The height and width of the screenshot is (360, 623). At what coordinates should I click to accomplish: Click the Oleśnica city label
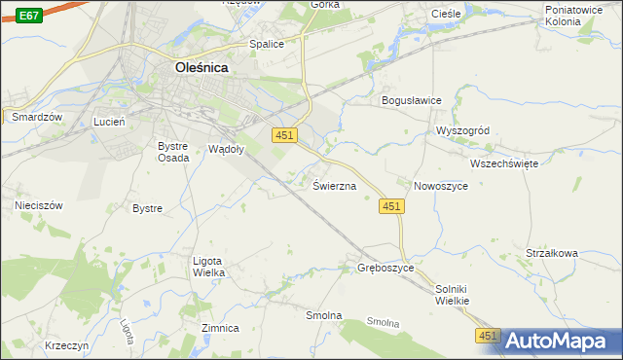click(x=208, y=68)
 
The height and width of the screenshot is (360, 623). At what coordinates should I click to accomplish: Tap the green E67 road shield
click(x=29, y=16)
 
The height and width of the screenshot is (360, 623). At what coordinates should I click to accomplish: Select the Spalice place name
click(x=267, y=44)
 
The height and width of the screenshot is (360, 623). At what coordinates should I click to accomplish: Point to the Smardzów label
click(x=37, y=117)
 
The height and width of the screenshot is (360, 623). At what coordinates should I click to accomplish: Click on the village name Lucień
click(x=110, y=122)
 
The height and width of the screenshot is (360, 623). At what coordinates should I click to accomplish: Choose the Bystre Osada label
click(x=174, y=152)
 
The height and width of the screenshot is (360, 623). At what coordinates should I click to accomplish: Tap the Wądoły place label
click(x=227, y=149)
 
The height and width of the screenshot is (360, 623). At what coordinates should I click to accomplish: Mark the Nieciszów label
click(x=39, y=205)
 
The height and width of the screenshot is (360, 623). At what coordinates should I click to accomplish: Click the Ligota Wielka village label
click(x=209, y=267)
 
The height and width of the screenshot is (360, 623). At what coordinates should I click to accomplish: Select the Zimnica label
click(x=220, y=328)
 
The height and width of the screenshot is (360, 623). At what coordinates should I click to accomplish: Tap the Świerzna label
click(x=334, y=185)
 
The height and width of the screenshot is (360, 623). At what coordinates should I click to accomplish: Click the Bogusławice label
click(x=412, y=100)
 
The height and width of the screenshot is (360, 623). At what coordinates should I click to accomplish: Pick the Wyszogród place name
click(x=468, y=130)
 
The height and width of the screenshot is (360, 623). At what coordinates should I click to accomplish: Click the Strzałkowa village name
click(x=552, y=253)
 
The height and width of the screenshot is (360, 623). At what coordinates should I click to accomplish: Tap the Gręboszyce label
click(x=386, y=267)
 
